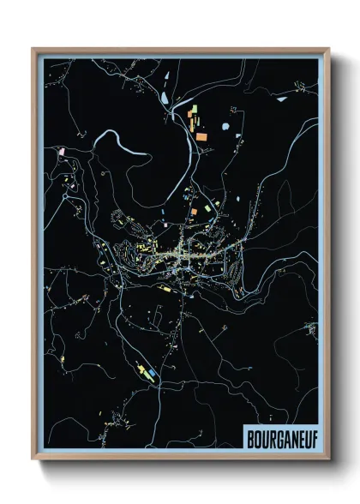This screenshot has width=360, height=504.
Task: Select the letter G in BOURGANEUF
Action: (275, 436)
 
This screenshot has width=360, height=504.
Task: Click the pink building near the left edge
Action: (61, 152)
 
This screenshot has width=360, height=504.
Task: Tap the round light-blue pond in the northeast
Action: (226, 127)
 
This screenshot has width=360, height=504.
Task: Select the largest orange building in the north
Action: (200, 136)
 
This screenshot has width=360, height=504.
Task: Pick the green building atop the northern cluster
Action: (192, 109)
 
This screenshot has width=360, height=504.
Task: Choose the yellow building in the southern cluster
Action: (140, 368)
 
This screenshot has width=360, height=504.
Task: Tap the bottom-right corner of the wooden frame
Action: (329, 460)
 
